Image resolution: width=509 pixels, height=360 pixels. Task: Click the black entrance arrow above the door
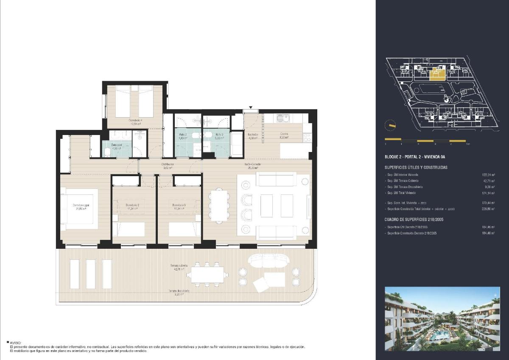click(x=251, y=108)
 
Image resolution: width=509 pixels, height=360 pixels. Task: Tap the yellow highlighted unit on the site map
click(x=437, y=76)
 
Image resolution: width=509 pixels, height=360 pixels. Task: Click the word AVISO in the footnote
click(x=15, y=342)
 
